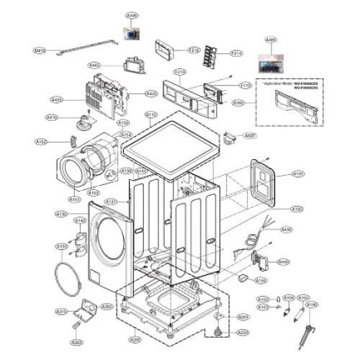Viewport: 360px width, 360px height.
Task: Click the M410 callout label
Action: (x=39, y=51)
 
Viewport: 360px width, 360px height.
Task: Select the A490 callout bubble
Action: (x=132, y=15)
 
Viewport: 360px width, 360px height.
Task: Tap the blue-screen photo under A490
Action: (x=131, y=33)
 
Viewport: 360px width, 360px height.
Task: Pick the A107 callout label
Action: (x=251, y=135)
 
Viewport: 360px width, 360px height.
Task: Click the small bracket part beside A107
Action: (x=230, y=136)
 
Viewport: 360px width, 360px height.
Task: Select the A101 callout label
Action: (x=298, y=174)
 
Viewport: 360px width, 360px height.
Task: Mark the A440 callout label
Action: (x=284, y=261)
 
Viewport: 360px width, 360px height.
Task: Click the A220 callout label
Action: (x=243, y=333)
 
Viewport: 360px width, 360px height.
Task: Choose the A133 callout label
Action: (x=63, y=246)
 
